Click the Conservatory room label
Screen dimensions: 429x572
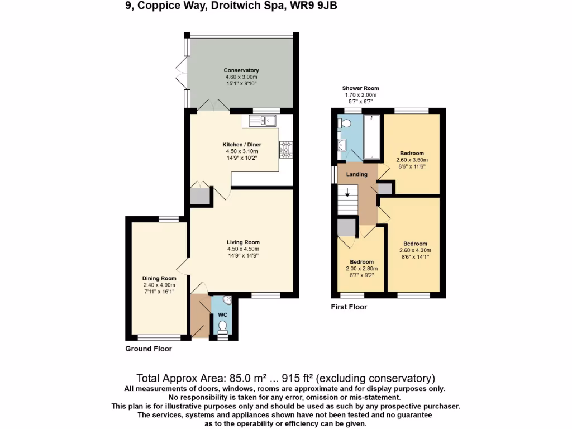241,70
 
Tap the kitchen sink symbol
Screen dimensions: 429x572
262,120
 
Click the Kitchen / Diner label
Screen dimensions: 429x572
241,145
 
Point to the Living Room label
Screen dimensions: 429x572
242,242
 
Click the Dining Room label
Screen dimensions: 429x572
159,278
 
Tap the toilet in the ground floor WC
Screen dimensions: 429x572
223,325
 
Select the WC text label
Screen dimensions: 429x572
223,314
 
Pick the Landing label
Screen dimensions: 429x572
356,174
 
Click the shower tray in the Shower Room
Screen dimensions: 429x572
371,137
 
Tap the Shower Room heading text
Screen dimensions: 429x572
360,88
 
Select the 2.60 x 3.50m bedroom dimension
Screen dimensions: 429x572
414,160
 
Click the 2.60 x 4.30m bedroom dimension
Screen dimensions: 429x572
415,250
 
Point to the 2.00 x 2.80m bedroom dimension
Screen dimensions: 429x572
361,269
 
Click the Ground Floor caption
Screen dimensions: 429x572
148,349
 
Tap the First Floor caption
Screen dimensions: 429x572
349,307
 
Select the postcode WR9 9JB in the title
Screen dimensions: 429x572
314,6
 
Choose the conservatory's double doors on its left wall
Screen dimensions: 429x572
180,73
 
